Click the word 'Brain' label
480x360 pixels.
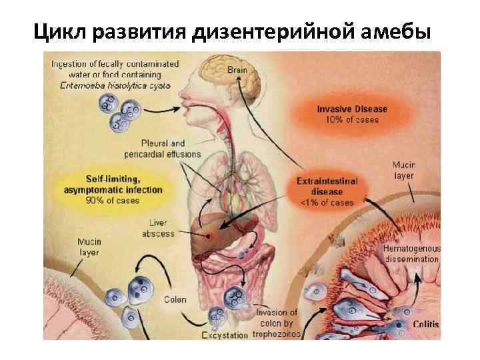point(237,69)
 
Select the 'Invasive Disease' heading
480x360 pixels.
point(352,109)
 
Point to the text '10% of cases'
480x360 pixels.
point(352,120)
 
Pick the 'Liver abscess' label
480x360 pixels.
point(158,228)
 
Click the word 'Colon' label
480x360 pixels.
point(175,300)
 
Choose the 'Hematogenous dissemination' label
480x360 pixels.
point(411,254)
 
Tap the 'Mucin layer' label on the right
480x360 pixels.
point(403,170)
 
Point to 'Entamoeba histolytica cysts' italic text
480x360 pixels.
point(115,85)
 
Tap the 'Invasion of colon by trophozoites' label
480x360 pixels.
point(277,323)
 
